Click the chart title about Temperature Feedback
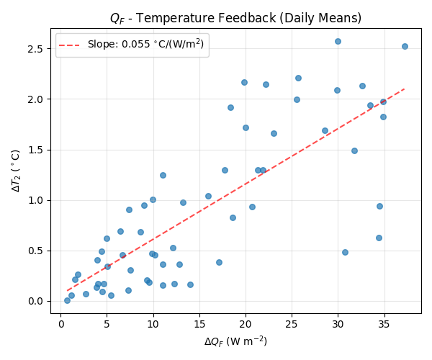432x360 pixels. (x=235, y=18)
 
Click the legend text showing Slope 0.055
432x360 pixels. (x=145, y=45)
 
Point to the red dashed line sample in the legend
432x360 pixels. (x=71, y=45)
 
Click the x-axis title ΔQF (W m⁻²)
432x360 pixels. (x=235, y=341)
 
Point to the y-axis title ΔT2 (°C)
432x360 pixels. (x=16, y=170)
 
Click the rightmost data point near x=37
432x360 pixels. (x=405, y=46)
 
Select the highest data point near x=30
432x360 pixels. (x=338, y=41)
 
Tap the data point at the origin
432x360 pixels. (x=67, y=300)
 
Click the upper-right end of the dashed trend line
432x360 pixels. (x=405, y=89)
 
